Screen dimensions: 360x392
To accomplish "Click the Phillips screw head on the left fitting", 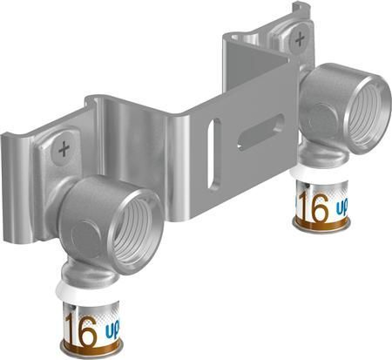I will [x=63, y=149].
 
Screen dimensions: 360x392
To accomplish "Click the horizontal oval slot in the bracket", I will [x=260, y=131].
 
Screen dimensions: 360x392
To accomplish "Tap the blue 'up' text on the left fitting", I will [x=111, y=333].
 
